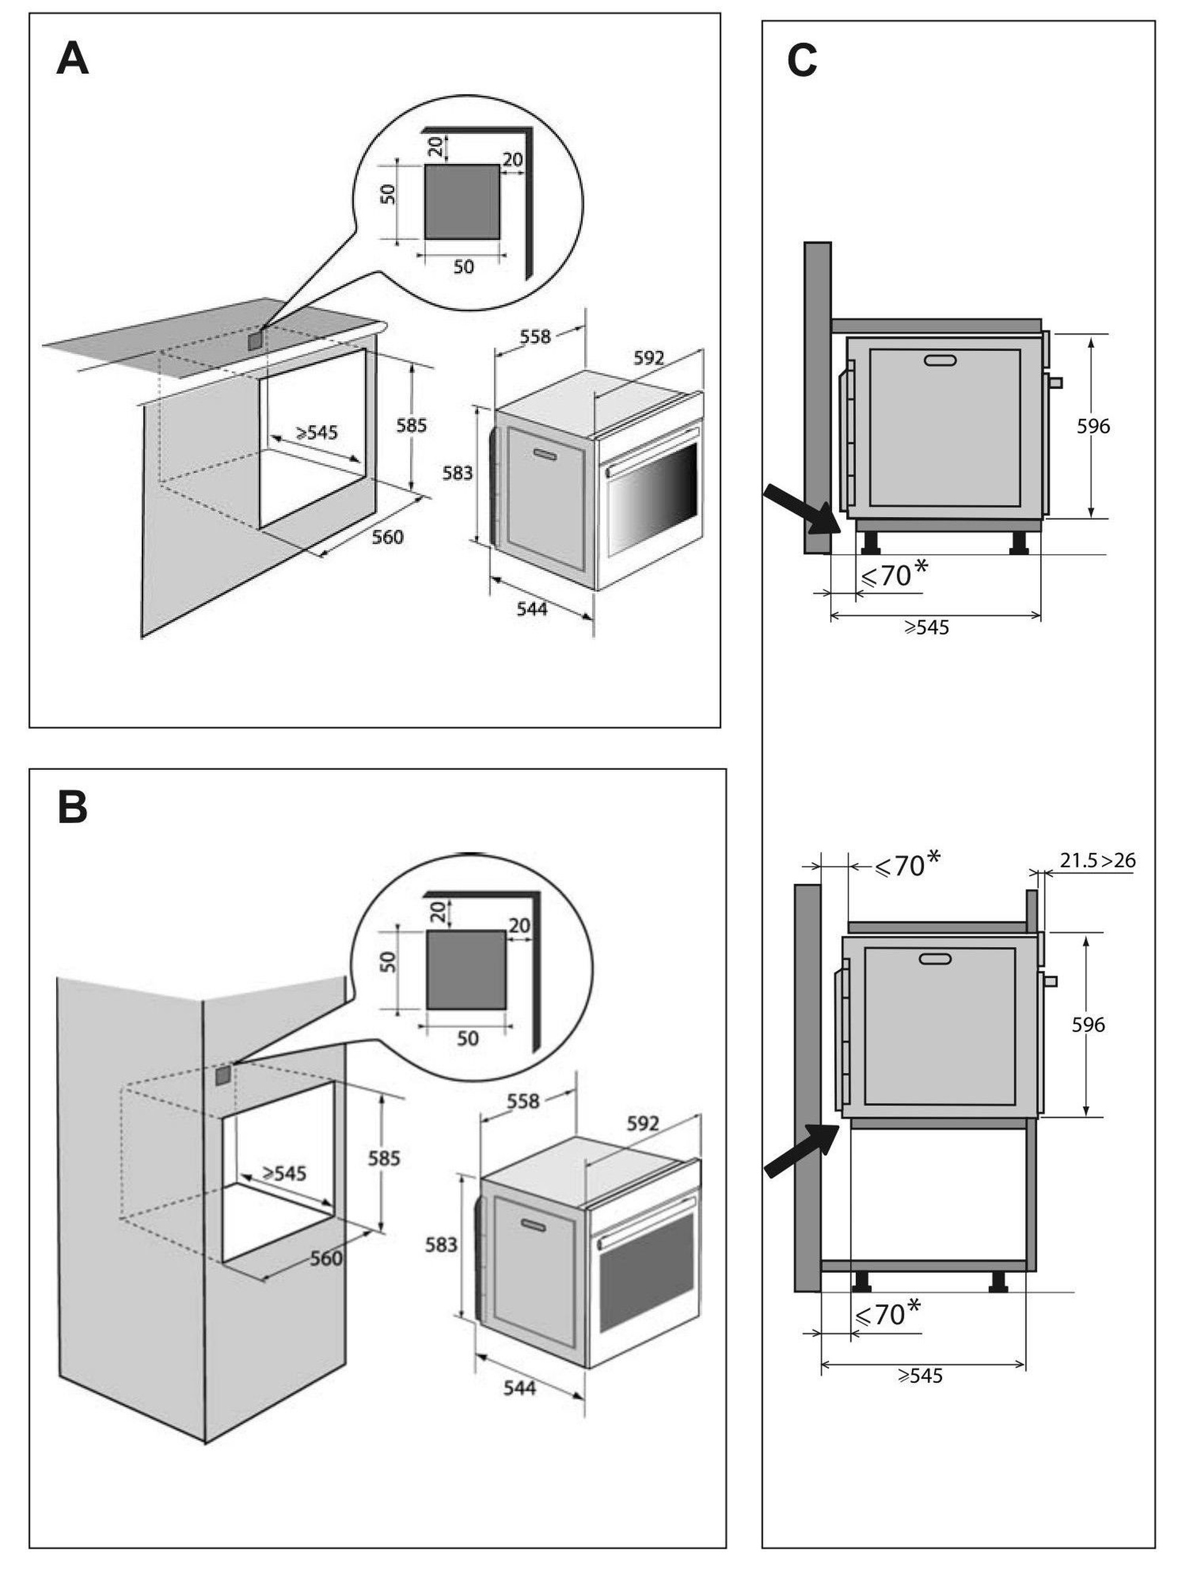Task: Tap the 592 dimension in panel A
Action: pos(649,358)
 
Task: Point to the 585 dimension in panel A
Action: pos(412,426)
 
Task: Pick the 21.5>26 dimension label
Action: pos(1098,860)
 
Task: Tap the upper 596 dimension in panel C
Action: pos(1093,426)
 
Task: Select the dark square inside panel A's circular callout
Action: pos(462,201)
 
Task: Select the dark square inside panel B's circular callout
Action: pos(466,970)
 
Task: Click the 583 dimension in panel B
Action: pos(441,1245)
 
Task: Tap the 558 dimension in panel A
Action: pos(536,336)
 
